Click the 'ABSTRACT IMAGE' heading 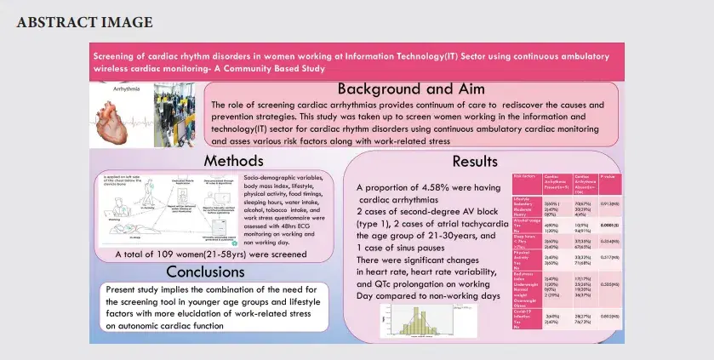[x=85, y=21]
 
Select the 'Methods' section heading [x=232, y=161]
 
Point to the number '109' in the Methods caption [x=169, y=254]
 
